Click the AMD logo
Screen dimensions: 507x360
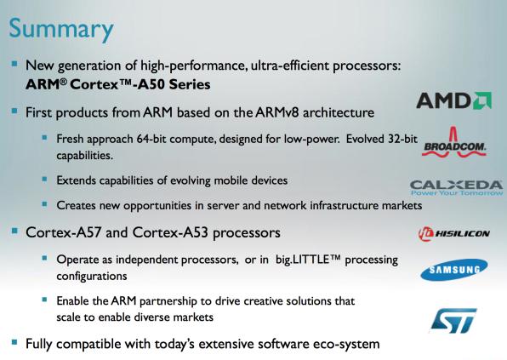tap(453, 100)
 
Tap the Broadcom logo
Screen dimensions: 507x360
tap(454, 142)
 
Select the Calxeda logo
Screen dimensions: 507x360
tap(456, 188)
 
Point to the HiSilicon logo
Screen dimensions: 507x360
tap(454, 233)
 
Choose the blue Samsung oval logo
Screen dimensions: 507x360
tap(454, 270)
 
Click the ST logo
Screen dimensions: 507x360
tap(453, 321)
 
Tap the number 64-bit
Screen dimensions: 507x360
tap(151, 139)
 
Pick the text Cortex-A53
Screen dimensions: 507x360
tap(170, 232)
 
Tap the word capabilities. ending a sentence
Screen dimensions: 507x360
tap(85, 156)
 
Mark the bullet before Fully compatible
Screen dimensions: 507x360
tap(14, 342)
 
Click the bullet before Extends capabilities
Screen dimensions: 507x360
tap(44, 179)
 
